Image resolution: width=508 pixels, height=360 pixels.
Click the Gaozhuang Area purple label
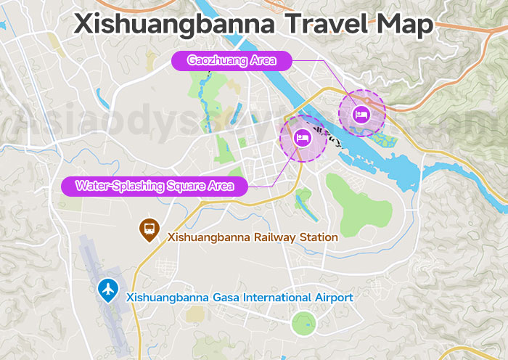232,60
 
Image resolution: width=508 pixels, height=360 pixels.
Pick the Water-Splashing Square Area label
154,187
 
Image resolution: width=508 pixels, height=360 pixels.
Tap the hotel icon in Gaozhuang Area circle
361,113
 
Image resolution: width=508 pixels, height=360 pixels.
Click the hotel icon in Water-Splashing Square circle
302,137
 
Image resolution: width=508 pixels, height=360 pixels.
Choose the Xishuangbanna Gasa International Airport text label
239,298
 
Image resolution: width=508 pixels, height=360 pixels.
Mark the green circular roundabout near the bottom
303,323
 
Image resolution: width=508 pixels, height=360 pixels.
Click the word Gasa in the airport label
221,298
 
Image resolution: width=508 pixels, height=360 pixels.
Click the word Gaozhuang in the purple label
217,60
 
